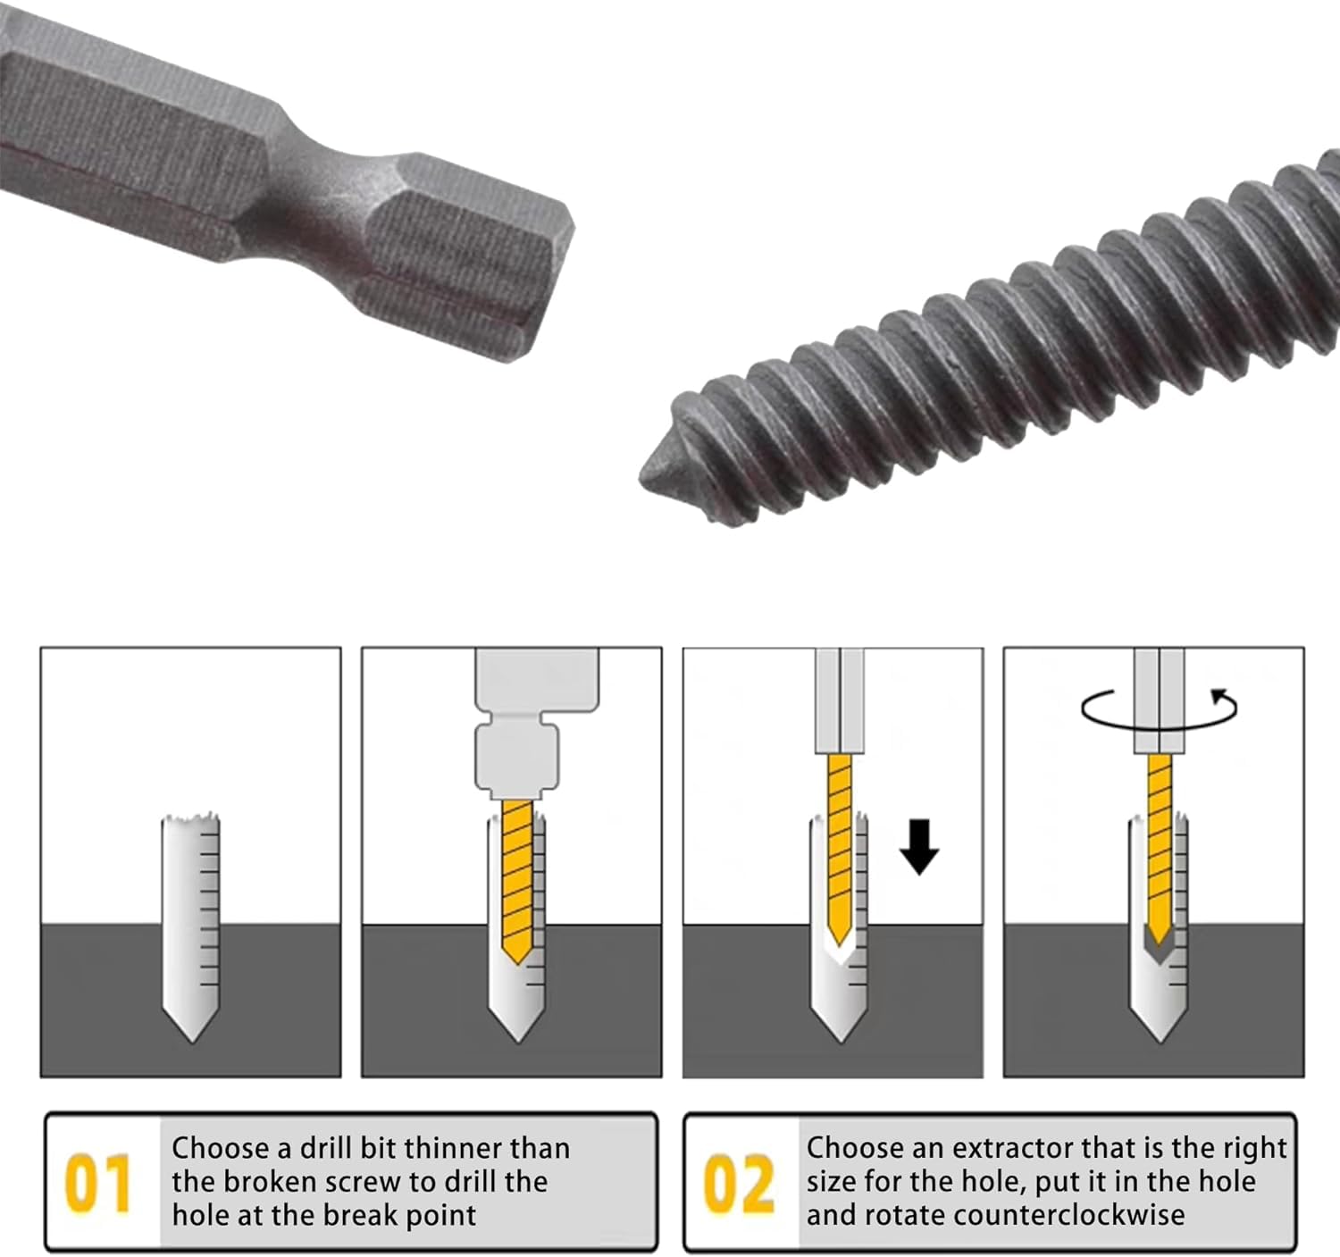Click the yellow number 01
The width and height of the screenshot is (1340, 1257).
click(97, 1182)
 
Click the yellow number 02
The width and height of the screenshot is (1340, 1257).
click(739, 1182)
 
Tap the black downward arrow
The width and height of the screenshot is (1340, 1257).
click(919, 847)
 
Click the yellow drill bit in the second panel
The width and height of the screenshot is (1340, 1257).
click(517, 880)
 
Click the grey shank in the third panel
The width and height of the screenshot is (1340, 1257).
click(840, 700)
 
